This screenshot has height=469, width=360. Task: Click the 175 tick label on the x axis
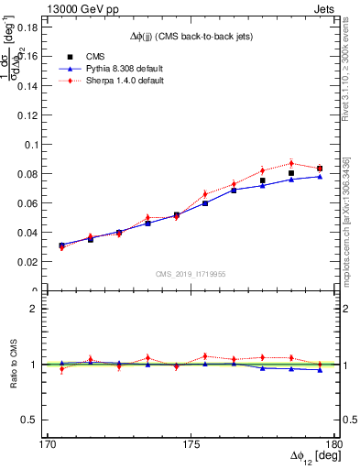[191, 444]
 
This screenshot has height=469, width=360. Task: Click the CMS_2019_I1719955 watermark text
[191, 273]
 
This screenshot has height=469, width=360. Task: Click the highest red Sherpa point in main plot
[290, 163]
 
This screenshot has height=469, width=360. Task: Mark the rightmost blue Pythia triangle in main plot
[319, 176]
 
